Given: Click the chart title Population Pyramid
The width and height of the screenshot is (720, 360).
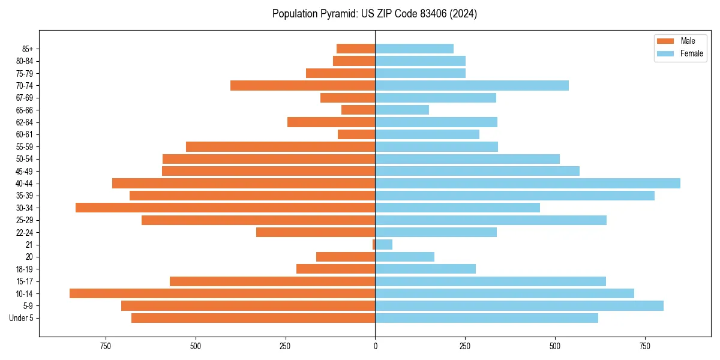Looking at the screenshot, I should (x=374, y=14).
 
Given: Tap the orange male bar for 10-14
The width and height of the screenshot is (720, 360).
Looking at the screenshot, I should (x=222, y=293).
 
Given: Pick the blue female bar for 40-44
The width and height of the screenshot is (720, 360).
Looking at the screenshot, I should (x=527, y=183).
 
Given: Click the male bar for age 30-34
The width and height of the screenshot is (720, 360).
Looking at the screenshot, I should (x=225, y=208).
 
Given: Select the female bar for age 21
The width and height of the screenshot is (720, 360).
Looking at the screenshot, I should (x=384, y=244).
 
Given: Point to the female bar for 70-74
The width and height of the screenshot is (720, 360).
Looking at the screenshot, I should (x=472, y=85).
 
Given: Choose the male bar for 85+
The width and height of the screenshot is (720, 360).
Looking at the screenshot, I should (x=356, y=49).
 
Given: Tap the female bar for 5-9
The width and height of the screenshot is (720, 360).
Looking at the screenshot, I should (x=519, y=305).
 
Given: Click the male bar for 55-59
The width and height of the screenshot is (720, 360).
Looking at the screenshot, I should (x=280, y=146).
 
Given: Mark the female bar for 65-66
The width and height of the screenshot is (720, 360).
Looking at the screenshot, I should (x=402, y=110).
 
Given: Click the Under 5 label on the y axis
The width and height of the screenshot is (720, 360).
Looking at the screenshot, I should (x=22, y=318).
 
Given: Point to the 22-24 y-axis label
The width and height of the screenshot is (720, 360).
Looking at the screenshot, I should (x=25, y=232).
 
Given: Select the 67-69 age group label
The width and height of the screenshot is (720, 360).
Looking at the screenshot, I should (x=25, y=98).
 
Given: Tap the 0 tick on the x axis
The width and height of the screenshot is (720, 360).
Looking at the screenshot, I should (x=375, y=346).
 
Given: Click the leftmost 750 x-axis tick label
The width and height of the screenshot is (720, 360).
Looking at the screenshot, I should (x=106, y=346).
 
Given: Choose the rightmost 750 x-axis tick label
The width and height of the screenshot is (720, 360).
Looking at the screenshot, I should (x=645, y=346).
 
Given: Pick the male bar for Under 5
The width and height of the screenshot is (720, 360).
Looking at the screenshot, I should (x=253, y=318).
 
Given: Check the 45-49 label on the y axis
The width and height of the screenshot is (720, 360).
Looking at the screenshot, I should (x=25, y=171).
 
